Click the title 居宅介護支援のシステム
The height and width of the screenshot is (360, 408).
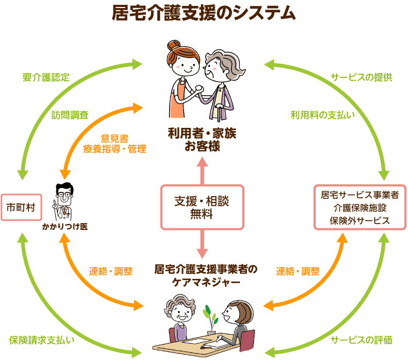(204, 13)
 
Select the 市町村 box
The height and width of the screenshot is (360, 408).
(21, 207)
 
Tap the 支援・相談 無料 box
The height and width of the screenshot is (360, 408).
(202, 207)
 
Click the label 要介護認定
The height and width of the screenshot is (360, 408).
(46, 77)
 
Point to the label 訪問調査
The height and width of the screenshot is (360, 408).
(70, 115)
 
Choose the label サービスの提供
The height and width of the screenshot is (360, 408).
(361, 77)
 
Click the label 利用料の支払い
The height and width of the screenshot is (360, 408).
(323, 115)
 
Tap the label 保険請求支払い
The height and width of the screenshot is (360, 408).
(42, 340)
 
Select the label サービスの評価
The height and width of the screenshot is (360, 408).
(361, 340)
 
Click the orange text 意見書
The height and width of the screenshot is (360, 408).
(114, 138)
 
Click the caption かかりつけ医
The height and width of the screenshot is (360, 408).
(65, 227)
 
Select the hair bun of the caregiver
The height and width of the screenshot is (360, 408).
(172, 45)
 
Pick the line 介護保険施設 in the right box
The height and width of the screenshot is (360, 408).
(360, 207)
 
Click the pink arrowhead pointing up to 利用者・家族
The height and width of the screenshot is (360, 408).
(202, 162)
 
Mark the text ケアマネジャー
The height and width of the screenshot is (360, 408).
(206, 283)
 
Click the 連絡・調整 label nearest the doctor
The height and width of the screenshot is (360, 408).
(111, 271)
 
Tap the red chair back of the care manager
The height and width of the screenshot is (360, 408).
(247, 340)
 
